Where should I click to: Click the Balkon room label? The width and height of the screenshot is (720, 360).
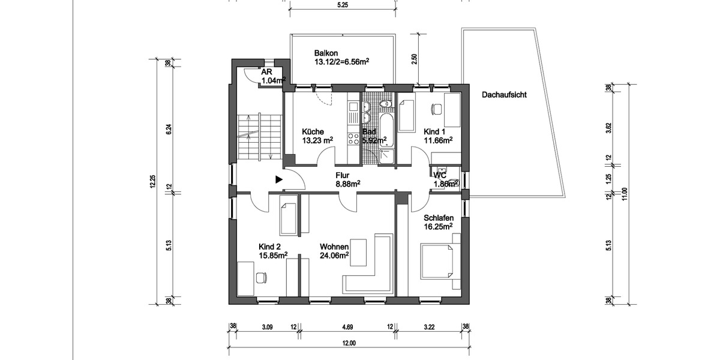[324, 53]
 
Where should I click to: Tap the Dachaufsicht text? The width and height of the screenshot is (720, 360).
[503, 94]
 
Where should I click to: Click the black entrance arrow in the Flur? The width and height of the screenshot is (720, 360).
[278, 179]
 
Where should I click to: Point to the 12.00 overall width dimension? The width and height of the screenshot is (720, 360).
[349, 344]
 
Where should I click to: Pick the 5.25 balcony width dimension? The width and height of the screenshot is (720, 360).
[343, 5]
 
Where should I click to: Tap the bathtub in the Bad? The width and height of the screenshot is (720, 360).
[387, 128]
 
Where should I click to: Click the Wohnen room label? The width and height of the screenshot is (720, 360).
[334, 247]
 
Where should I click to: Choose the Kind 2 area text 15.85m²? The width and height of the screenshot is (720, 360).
[273, 256]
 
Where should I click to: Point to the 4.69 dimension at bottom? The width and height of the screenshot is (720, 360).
[347, 327]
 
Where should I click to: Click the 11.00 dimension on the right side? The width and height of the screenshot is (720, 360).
[625, 195]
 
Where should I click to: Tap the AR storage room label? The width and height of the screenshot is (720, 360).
[266, 71]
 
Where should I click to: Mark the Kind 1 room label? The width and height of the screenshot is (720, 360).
[436, 131]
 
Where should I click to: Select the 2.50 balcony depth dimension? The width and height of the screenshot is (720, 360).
[413, 58]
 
